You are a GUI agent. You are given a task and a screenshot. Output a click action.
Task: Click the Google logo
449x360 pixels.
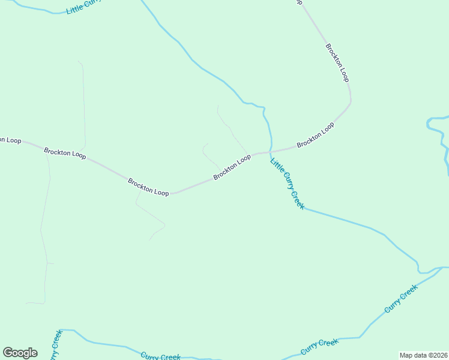point(20,353)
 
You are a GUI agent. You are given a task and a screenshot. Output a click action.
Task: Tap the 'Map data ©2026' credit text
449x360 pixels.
point(423,355)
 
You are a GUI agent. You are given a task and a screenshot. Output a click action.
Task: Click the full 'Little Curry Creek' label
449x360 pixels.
point(288,182)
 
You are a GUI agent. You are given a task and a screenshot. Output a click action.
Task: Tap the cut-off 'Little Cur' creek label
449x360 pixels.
point(85,7)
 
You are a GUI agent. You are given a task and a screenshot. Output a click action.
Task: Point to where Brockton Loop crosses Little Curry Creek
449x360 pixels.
point(270,151)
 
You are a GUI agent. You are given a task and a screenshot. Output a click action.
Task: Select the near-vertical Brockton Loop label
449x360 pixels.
point(337,62)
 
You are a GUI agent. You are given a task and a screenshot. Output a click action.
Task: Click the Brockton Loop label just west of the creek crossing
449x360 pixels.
point(232,167)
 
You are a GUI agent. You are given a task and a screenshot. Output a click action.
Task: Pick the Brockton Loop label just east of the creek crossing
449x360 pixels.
point(315,135)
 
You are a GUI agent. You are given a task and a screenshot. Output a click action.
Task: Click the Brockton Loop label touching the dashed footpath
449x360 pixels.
point(148,186)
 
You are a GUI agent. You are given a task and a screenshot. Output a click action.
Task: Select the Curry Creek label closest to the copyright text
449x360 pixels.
point(401,298)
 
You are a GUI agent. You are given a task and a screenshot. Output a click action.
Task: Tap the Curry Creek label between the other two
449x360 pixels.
point(319,346)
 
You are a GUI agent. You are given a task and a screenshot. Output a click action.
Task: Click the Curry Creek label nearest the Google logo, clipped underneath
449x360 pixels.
point(160,356)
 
